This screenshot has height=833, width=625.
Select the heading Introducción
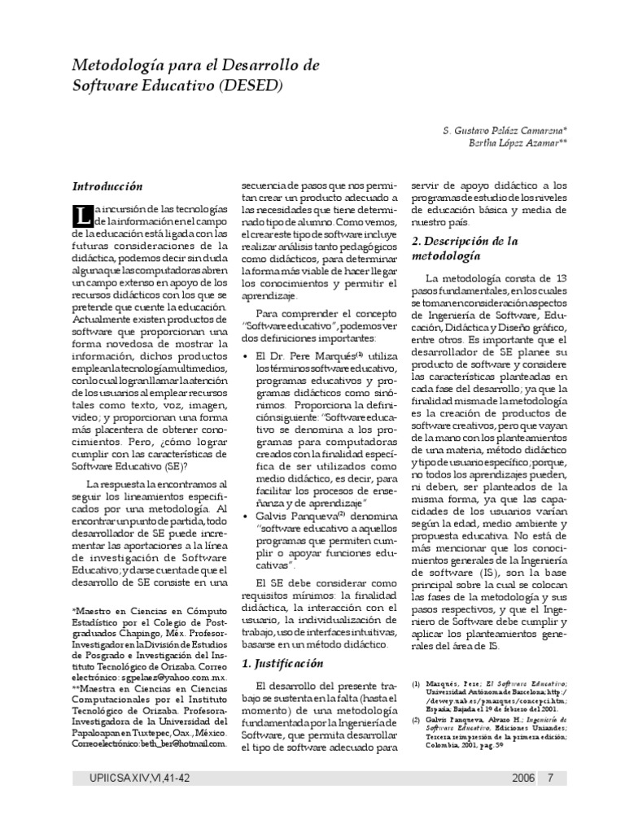(x=107, y=187)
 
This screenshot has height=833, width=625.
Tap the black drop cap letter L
(x=81, y=216)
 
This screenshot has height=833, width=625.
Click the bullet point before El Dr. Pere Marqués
(x=246, y=356)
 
